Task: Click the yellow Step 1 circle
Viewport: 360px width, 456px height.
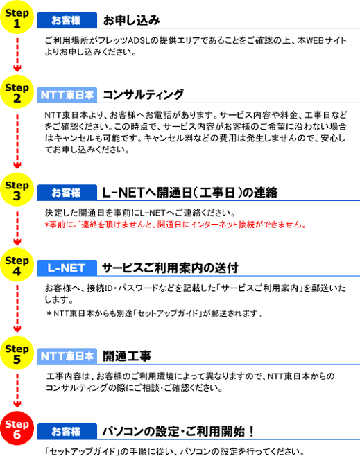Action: pyautogui.click(x=17, y=17)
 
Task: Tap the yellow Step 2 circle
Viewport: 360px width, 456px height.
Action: pyautogui.click(x=17, y=92)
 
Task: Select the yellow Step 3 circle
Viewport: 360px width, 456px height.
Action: pyautogui.click(x=17, y=190)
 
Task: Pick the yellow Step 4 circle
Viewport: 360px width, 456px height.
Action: pyautogui.click(x=17, y=265)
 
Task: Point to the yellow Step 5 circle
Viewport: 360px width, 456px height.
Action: pyautogui.click(x=17, y=353)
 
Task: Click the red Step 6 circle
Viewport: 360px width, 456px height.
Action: pyautogui.click(x=17, y=428)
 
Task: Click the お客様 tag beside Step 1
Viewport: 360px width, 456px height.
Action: pyautogui.click(x=67, y=20)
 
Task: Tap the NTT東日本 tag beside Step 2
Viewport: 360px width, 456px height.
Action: pyautogui.click(x=67, y=95)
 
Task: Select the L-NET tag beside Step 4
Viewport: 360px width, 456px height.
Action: pyautogui.click(x=67, y=268)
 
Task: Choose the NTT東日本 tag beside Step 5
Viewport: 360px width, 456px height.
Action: pyautogui.click(x=67, y=356)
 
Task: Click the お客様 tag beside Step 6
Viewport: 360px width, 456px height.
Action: pyautogui.click(x=67, y=431)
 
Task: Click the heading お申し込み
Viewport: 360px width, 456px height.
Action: pyautogui.click(x=132, y=20)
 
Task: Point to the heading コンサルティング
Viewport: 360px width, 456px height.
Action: pyautogui.click(x=143, y=95)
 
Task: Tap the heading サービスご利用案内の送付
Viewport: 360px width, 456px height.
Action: pyautogui.click(x=171, y=268)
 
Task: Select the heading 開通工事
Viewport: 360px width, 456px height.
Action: pyautogui.click(x=127, y=356)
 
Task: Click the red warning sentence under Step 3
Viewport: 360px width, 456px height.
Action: pyautogui.click(x=175, y=225)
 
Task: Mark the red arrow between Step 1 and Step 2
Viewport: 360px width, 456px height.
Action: pyautogui.click(x=17, y=54)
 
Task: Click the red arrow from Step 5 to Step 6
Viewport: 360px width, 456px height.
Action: pyautogui.click(x=17, y=391)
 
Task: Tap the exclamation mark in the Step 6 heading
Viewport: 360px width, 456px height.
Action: pyautogui.click(x=251, y=431)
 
